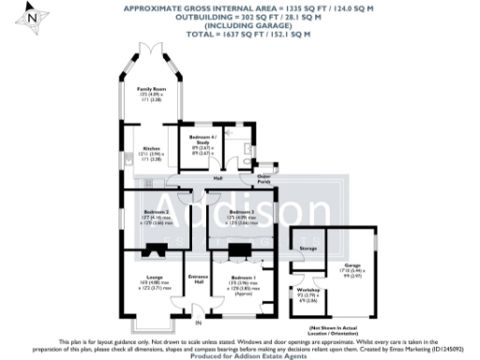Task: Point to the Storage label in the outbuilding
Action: click(x=307, y=247)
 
